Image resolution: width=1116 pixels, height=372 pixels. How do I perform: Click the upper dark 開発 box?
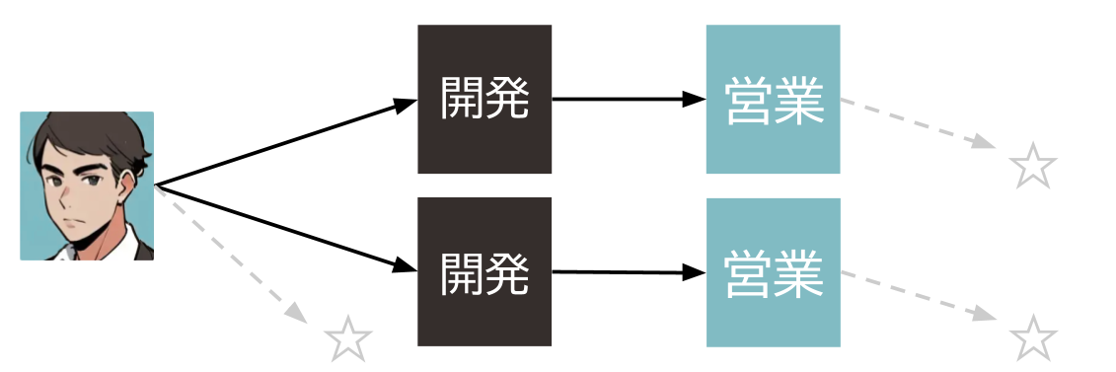pos(484,99)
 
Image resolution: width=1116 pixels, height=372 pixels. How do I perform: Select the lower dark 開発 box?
pos(484,271)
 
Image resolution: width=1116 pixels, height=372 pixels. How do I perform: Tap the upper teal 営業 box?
pos(773,99)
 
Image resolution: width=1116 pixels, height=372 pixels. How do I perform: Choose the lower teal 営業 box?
pos(773,271)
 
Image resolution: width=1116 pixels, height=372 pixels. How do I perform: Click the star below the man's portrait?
pos(348,338)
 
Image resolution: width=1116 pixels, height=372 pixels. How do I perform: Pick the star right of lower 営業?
pos(1033,338)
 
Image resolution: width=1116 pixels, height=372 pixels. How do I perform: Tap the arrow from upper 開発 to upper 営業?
pos(629,99)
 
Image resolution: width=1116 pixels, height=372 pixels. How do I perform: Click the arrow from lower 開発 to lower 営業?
pos(629,271)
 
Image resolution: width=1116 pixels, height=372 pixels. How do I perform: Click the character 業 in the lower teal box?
pos(797,273)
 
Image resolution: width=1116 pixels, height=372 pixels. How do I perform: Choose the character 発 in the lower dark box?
pos(507,273)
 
